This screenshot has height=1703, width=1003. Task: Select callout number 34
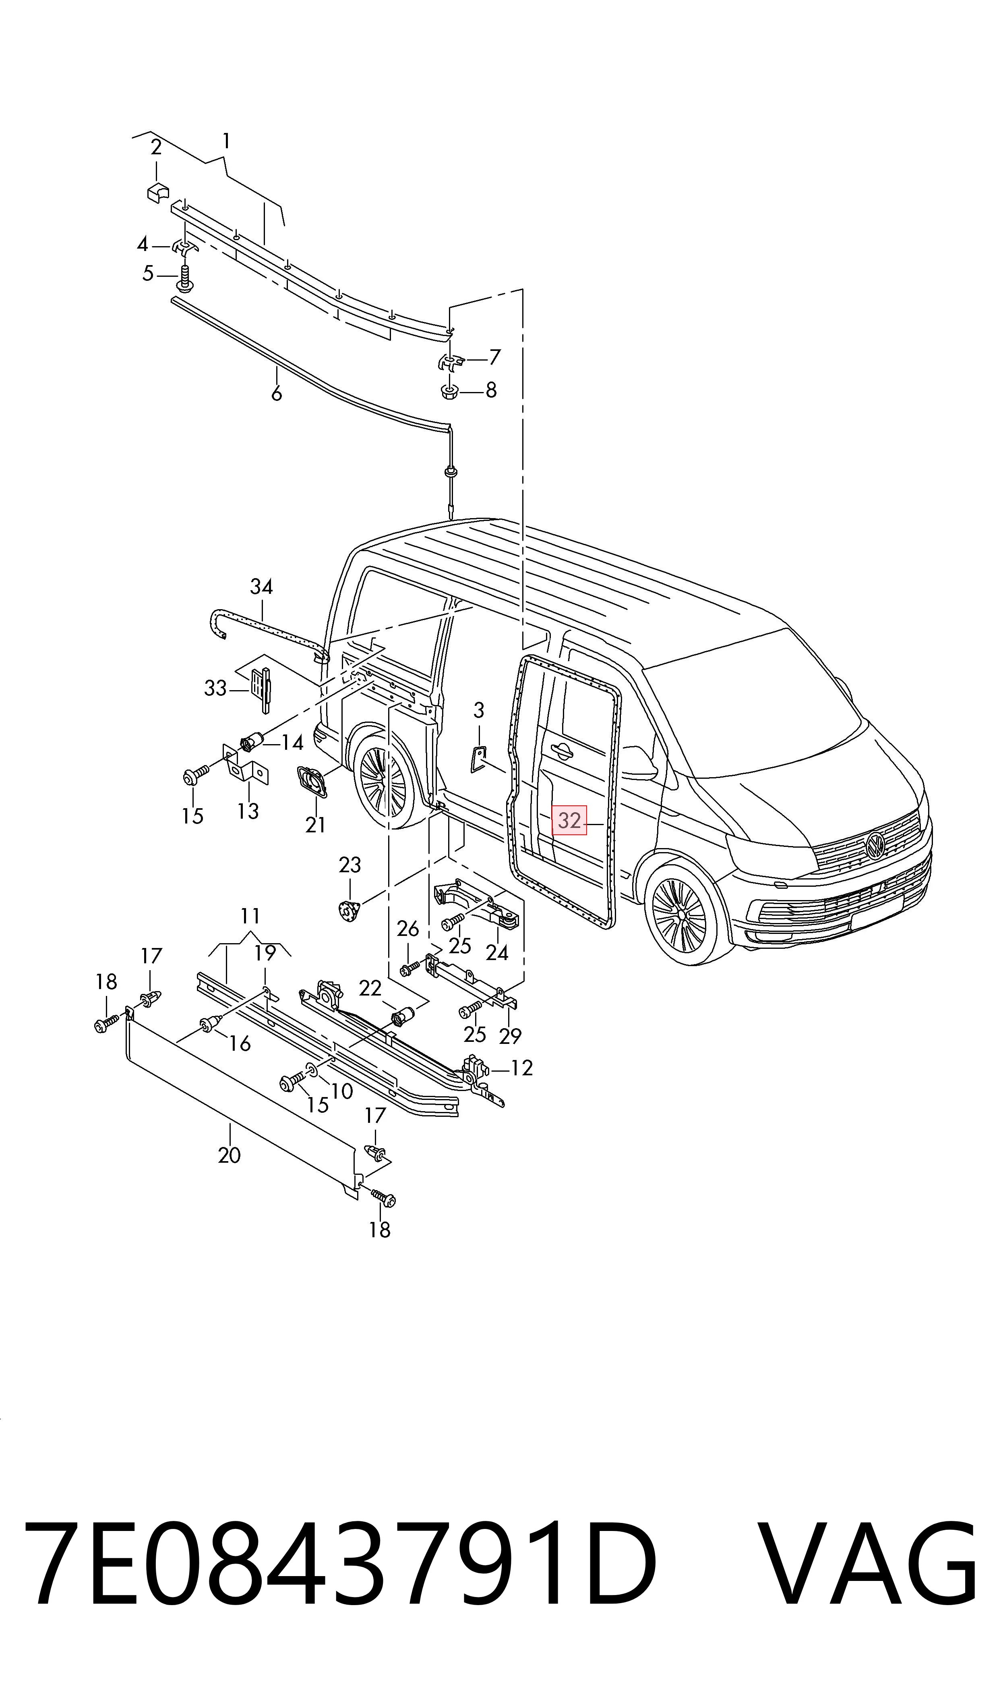coord(262,587)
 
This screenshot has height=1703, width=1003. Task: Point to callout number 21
coord(316,825)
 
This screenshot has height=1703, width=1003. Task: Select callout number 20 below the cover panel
coord(229,1155)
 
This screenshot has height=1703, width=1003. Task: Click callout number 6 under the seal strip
coord(277,394)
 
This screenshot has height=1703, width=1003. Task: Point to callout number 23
coord(350,865)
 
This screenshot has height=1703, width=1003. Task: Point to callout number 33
coord(215,688)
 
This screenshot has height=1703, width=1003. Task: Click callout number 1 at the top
coord(226,141)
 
